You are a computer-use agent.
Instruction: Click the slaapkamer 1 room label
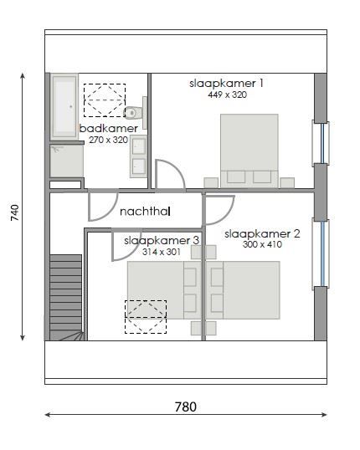[226, 83]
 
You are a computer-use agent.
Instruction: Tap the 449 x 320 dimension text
[226, 95]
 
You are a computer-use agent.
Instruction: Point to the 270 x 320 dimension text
[108, 140]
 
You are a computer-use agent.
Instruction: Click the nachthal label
[145, 212]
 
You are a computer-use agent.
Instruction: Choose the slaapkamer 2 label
[262, 233]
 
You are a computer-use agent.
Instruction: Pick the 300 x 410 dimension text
[262, 245]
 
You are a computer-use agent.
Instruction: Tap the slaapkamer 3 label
[162, 240]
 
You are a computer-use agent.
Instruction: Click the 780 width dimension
[185, 407]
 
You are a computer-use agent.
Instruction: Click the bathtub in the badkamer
[64, 105]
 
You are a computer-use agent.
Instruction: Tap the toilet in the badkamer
[131, 112]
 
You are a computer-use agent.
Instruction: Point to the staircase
[65, 297]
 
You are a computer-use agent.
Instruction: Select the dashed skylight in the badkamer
[104, 100]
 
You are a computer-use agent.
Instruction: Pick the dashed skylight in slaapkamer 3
[146, 317]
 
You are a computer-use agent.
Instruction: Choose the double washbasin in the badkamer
[138, 156]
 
